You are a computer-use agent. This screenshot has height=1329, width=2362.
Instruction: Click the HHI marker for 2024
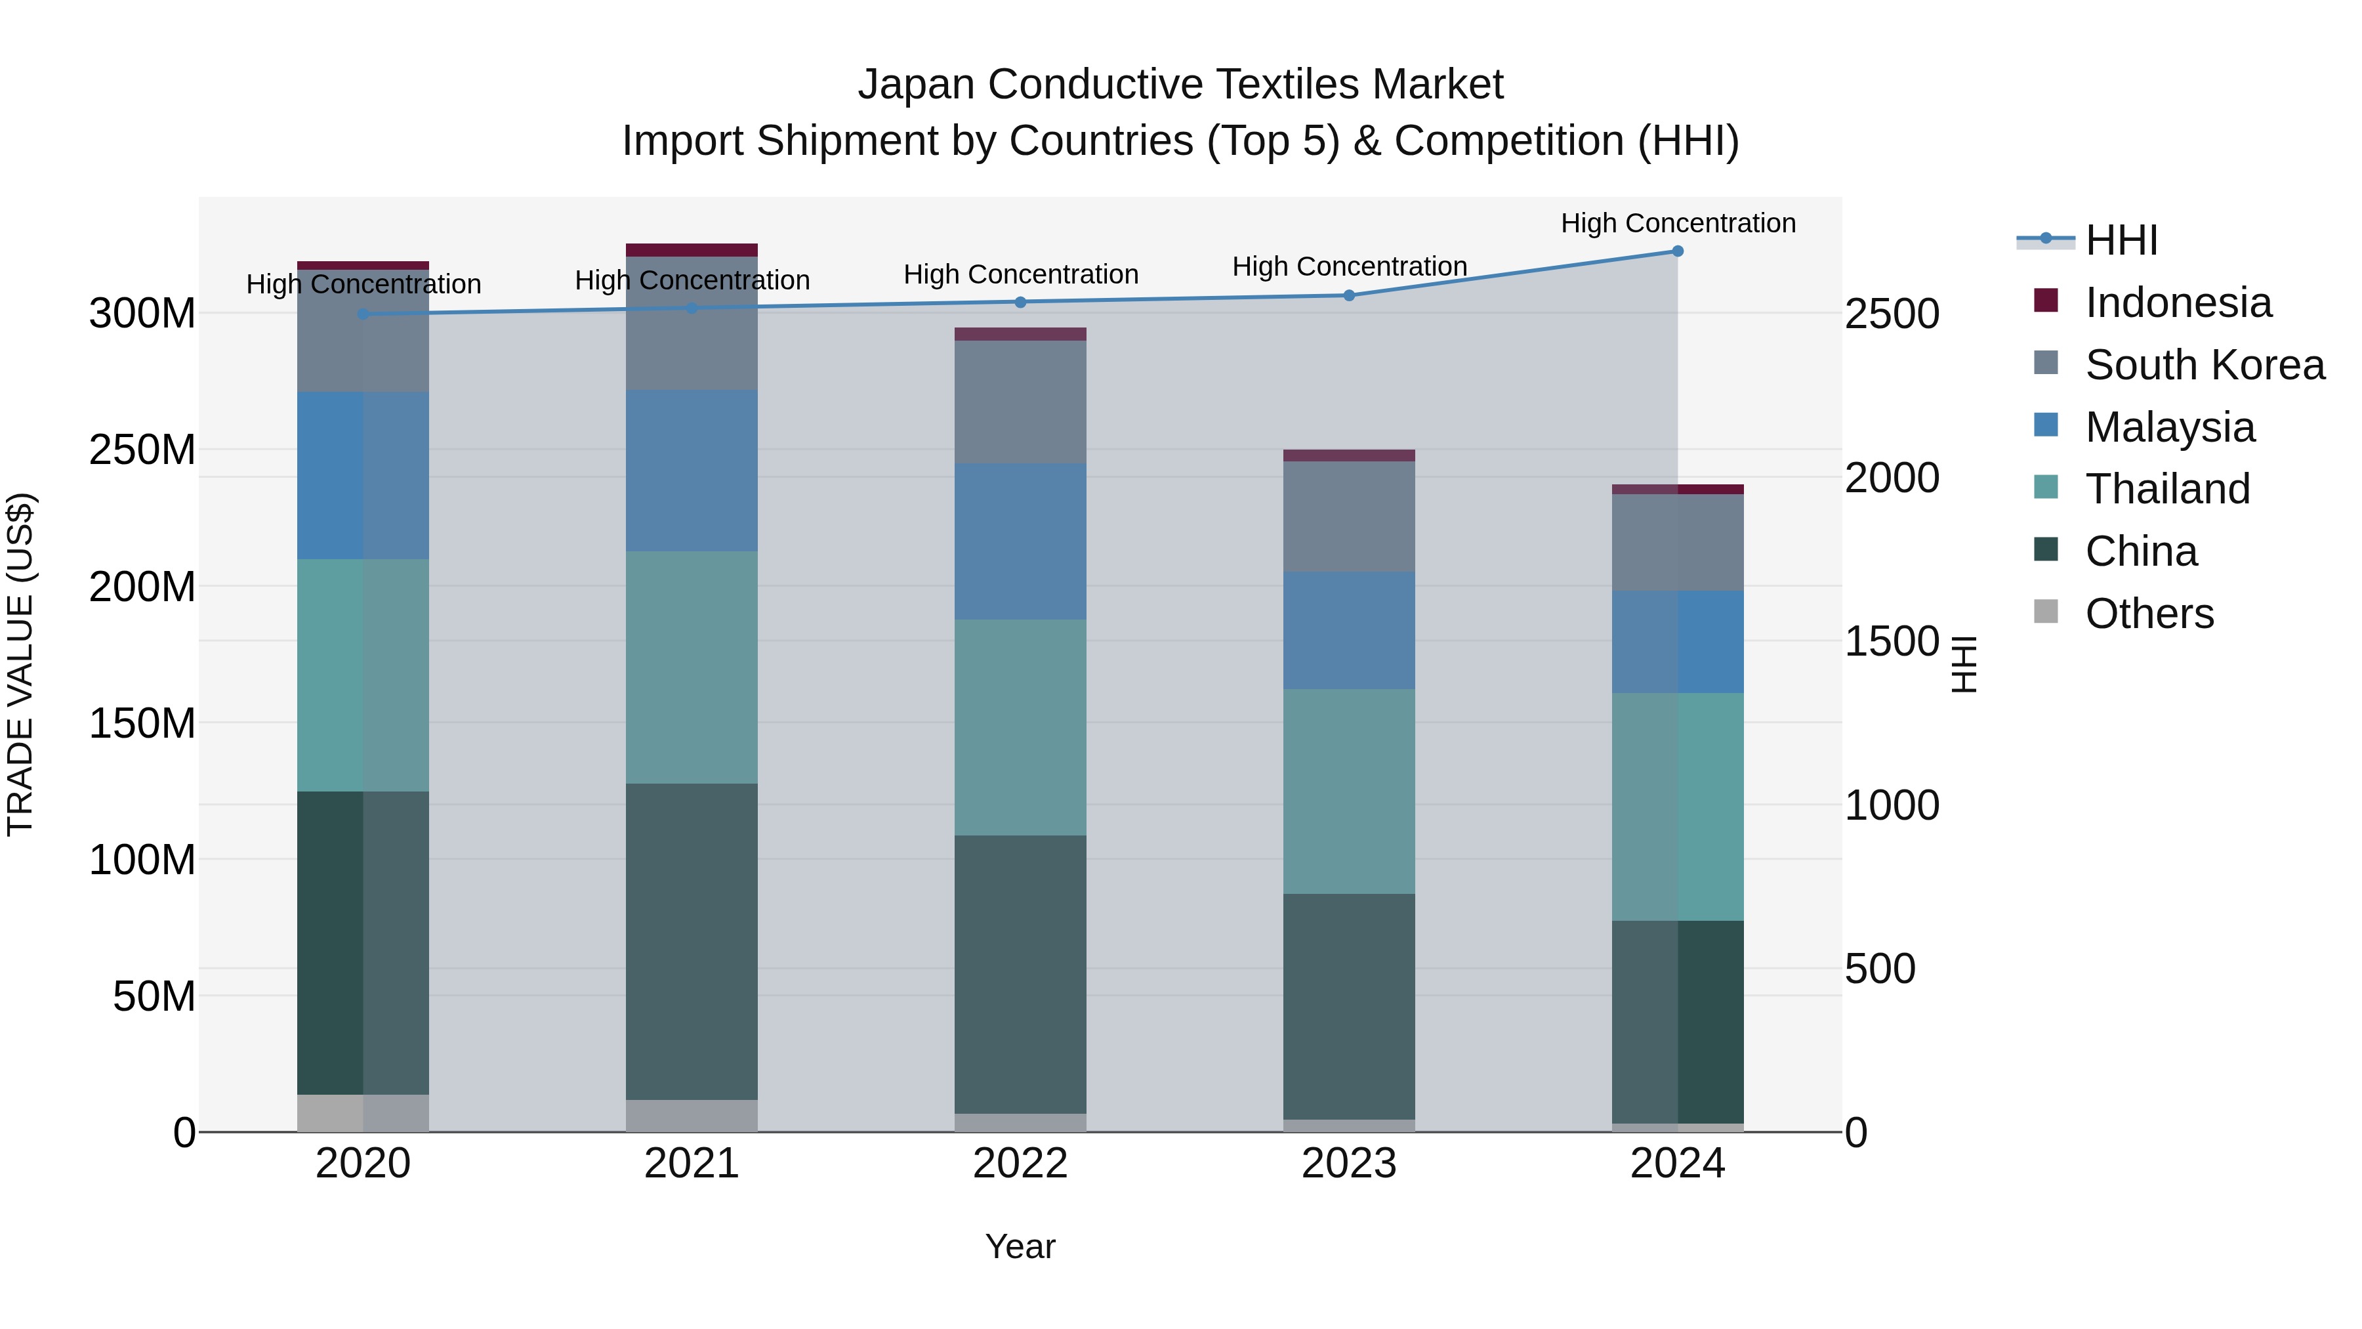click(x=1677, y=251)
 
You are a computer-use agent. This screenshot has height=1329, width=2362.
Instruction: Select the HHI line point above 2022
click(x=1020, y=302)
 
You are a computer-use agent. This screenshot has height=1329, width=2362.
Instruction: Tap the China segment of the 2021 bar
click(x=692, y=941)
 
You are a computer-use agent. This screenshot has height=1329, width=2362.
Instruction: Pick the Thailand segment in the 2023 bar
click(x=1349, y=791)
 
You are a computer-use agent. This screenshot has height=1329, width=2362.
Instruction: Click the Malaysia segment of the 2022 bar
click(x=1020, y=541)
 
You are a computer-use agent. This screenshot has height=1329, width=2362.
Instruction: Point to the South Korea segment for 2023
click(x=1349, y=517)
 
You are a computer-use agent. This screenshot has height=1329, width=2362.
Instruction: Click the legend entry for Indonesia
click(x=2178, y=303)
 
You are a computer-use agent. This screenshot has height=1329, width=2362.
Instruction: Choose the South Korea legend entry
click(x=2205, y=365)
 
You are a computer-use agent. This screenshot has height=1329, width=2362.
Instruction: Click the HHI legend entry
click(x=2121, y=240)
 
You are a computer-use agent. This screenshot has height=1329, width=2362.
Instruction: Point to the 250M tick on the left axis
click(x=142, y=450)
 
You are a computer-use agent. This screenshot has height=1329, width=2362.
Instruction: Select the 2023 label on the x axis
click(x=1349, y=1164)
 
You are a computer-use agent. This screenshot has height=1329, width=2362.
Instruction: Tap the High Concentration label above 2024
click(x=1677, y=223)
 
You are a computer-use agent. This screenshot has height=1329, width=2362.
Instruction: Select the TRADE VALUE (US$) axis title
click(x=20, y=664)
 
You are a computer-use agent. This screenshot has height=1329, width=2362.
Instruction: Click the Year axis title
click(x=1020, y=1246)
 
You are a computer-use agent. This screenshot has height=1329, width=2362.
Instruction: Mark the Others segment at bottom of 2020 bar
click(x=363, y=1112)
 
